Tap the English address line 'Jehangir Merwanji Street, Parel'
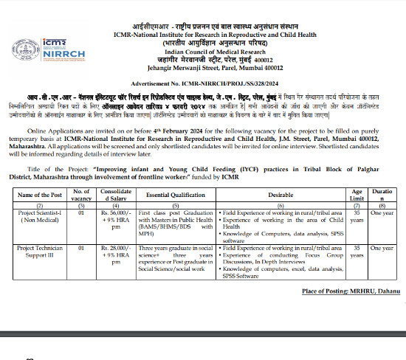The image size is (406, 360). coord(204,69)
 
